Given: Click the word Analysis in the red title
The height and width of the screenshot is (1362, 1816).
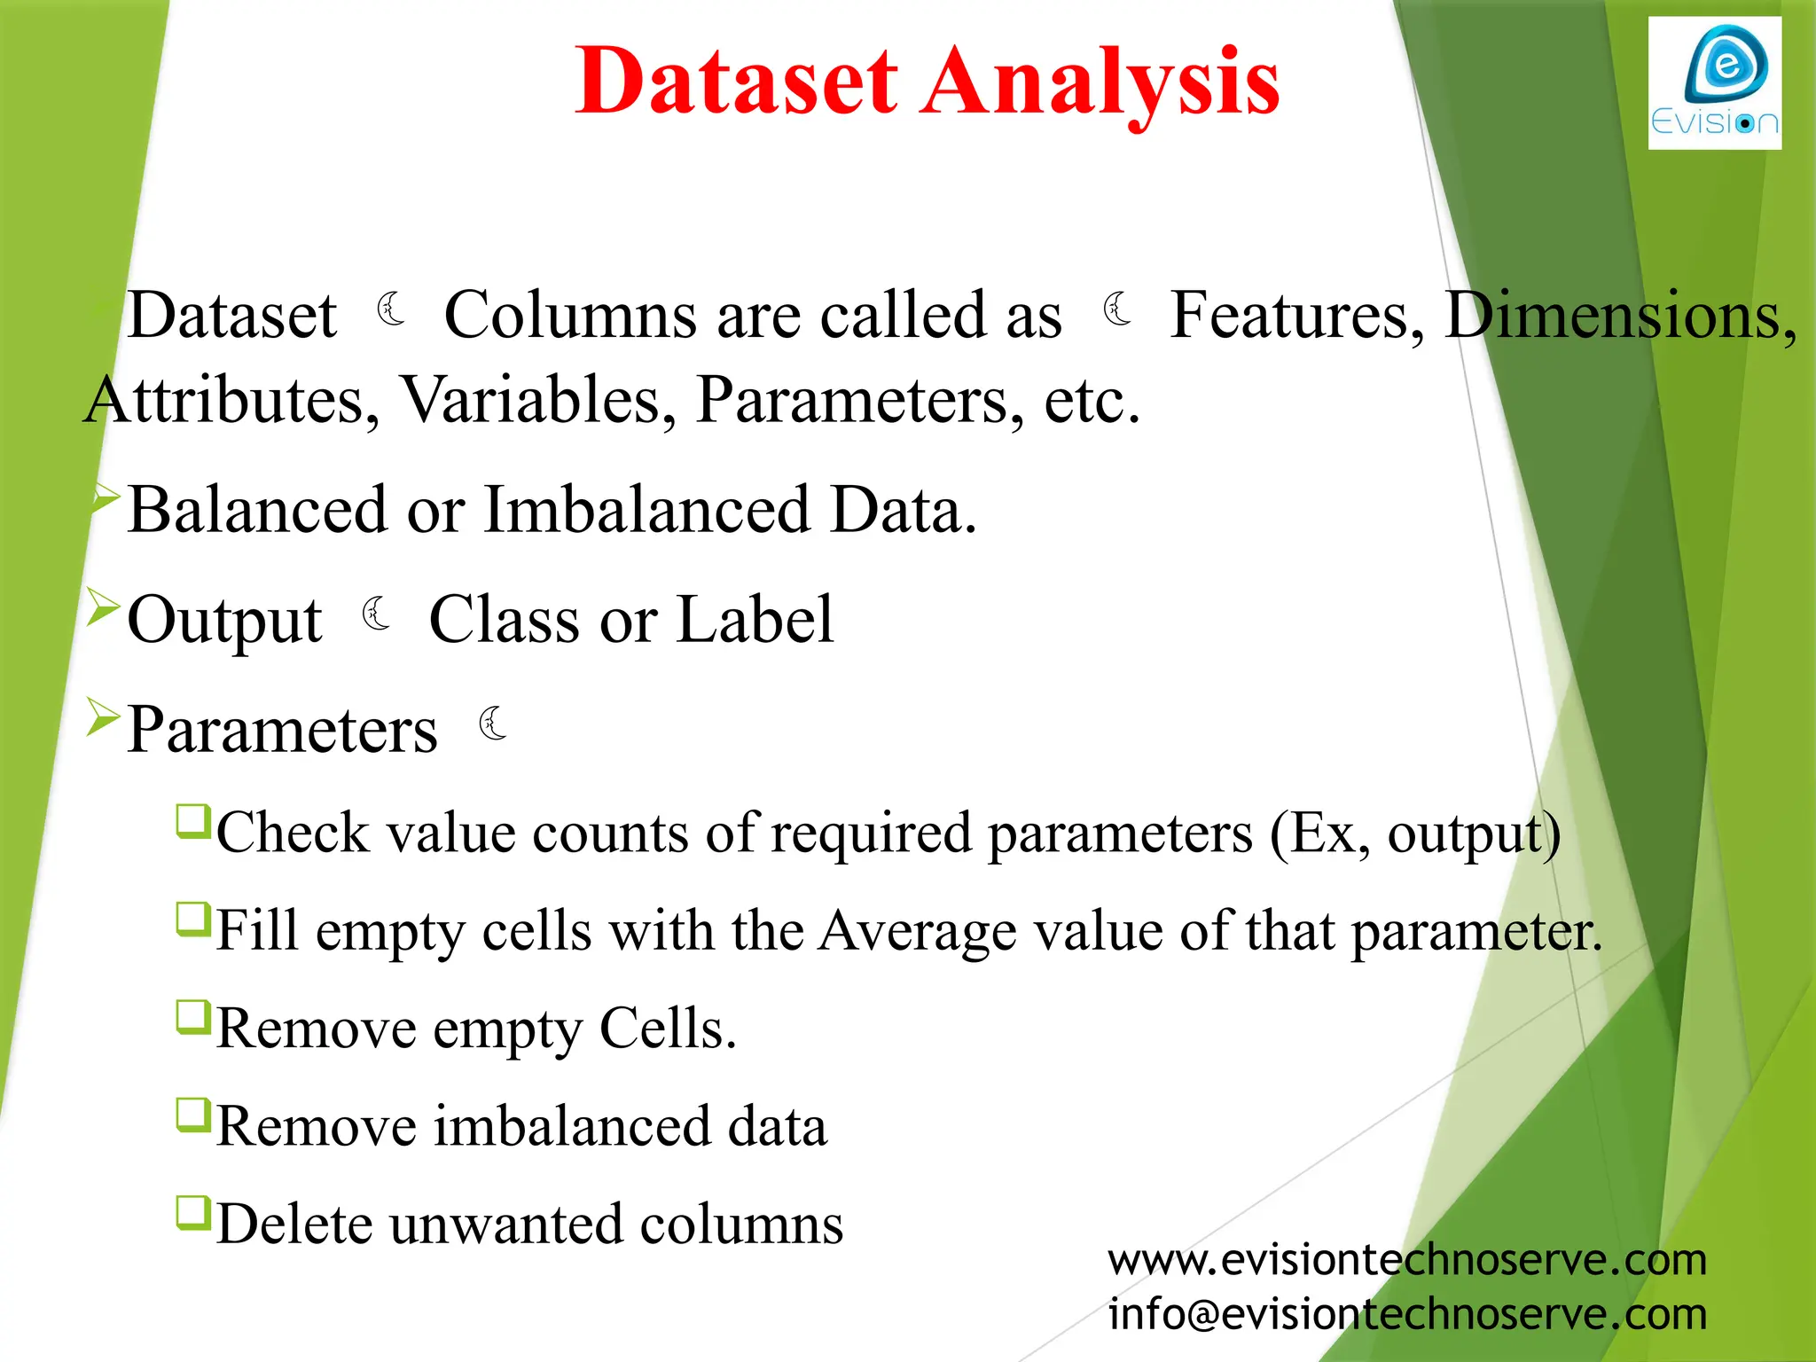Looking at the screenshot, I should pyautogui.click(x=1100, y=82).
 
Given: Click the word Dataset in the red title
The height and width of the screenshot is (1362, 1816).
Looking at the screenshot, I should pyautogui.click(x=736, y=82).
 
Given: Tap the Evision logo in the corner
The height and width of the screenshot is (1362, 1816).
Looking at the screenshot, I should pyautogui.click(x=1714, y=83).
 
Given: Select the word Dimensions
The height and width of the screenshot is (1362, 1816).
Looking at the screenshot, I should pyautogui.click(x=1619, y=316).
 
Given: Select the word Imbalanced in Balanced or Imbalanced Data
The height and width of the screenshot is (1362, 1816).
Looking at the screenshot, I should pyautogui.click(x=646, y=511).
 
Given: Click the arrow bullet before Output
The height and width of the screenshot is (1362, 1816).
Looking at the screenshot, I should pyautogui.click(x=104, y=609).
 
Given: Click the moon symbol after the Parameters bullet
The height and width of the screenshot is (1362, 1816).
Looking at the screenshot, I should pyautogui.click(x=493, y=724).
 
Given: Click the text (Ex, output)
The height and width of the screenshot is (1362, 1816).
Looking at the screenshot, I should pyautogui.click(x=1414, y=834).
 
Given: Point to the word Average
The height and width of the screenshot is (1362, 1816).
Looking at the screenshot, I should pyautogui.click(x=917, y=931).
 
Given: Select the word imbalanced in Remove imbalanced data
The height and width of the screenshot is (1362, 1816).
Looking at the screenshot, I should pyautogui.click(x=572, y=1127).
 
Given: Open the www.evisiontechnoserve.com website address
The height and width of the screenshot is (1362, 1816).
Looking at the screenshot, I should pyautogui.click(x=1407, y=1260).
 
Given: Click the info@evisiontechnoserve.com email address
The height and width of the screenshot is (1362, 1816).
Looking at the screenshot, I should pyautogui.click(x=1407, y=1314).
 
